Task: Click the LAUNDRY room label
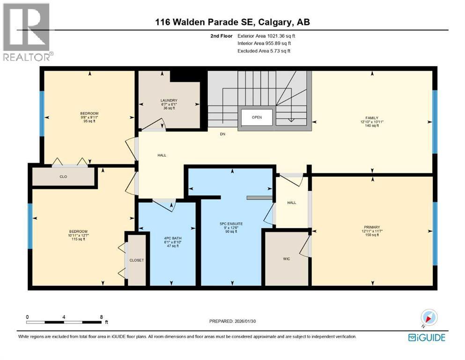point(168,100)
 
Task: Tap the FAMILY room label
point(372,118)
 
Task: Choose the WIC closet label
point(287,258)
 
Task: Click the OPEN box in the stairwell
point(257,117)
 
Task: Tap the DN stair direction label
point(223,134)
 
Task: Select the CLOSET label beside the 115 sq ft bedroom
point(137,260)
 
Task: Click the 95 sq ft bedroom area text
point(89,121)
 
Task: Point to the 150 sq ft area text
point(372,235)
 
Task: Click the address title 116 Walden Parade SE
point(232,22)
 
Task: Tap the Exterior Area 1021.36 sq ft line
point(266,36)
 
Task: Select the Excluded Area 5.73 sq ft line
point(264,51)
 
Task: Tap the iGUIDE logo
point(427,337)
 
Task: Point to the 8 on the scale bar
point(101,316)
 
